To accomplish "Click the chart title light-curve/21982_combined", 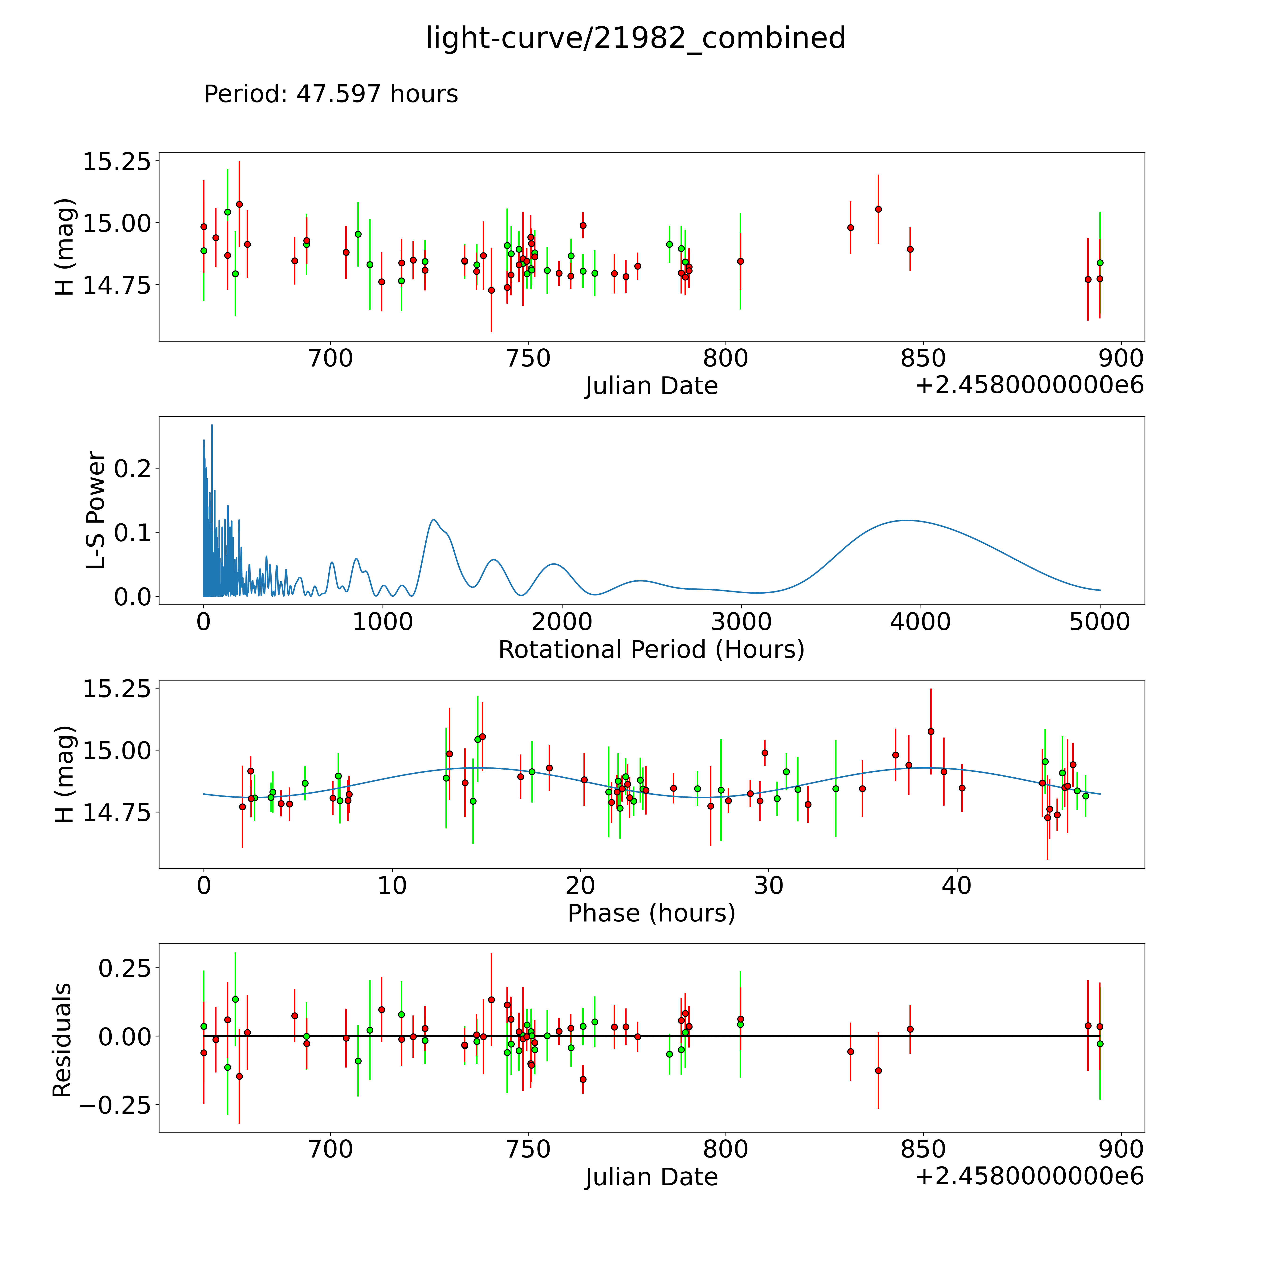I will click(635, 38).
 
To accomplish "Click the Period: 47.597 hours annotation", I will click(330, 94).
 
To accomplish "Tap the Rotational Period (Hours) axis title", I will click(651, 650).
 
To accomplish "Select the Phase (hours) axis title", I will click(651, 913).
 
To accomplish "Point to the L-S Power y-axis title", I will click(96, 510).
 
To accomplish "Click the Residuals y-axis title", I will click(62, 1040).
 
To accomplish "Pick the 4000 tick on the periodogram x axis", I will click(920, 622).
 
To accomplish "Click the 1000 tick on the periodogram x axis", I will click(383, 622).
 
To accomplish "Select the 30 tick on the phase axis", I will click(768, 885).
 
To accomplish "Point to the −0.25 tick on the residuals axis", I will click(114, 1105).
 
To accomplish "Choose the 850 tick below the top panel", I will click(923, 359).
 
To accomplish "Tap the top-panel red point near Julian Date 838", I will click(878, 209).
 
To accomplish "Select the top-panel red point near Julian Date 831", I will click(850, 228).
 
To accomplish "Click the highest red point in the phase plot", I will click(930, 731).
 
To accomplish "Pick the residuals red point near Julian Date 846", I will click(910, 1029).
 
